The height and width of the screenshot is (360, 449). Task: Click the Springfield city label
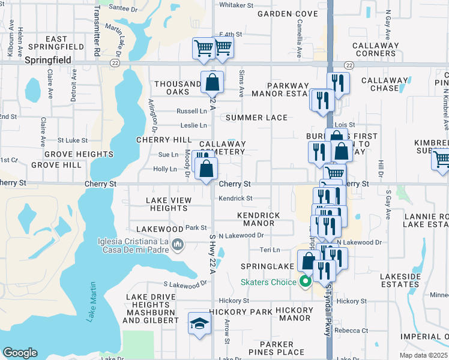click(48, 61)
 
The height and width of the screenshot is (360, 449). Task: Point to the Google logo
click(20, 353)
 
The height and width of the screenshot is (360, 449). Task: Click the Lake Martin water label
click(92, 302)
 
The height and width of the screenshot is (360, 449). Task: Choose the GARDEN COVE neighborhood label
click(279, 13)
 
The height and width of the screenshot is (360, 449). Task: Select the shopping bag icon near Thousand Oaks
click(212, 82)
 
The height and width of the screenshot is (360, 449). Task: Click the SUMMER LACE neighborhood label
click(257, 118)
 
